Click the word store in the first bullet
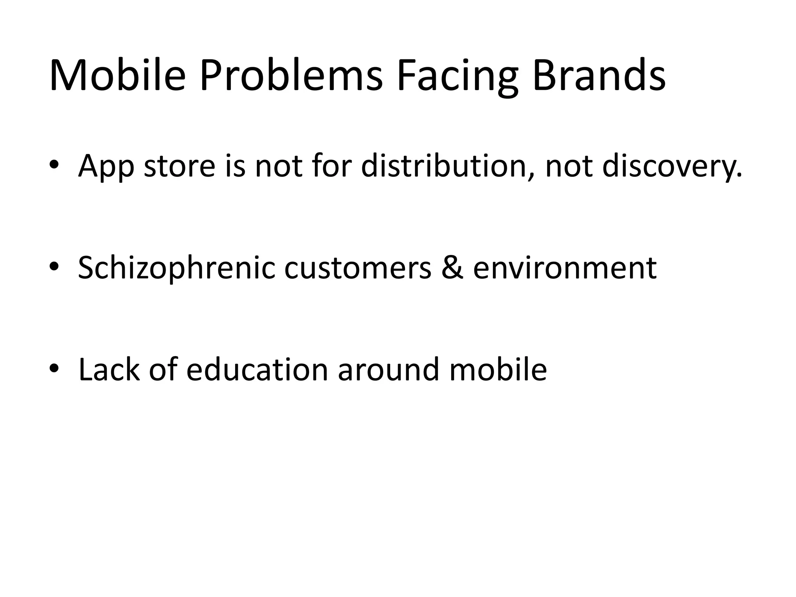[180, 166]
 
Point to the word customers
[358, 268]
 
